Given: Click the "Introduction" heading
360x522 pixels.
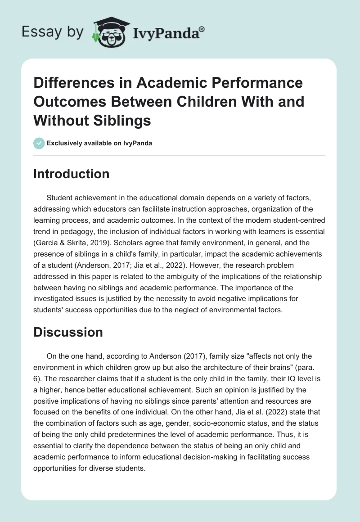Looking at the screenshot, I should [71, 174].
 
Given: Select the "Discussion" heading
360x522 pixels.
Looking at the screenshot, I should [68, 332].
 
